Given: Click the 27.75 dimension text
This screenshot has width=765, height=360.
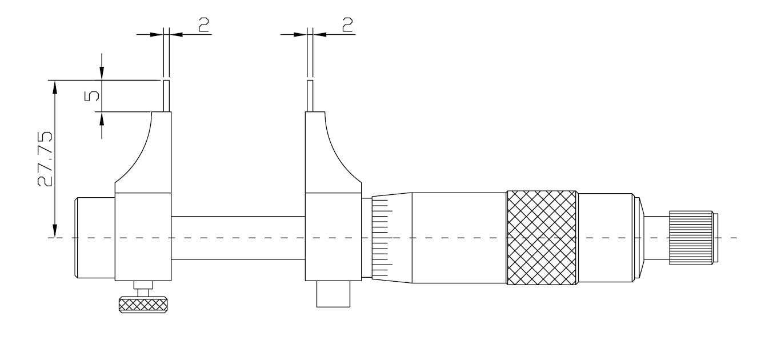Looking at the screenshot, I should pos(45,159).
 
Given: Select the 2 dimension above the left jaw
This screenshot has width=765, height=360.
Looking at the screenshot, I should pos(203,23).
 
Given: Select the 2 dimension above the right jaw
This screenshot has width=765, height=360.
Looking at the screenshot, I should pos(346,23).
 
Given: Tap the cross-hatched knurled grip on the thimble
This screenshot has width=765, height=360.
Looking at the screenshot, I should pos(541,237).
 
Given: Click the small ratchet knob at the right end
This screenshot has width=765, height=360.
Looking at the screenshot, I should pos(691,237).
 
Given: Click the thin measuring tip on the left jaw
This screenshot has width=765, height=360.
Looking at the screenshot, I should pos(167,95).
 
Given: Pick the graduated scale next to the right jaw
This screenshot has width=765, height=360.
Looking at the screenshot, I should pos(382,237).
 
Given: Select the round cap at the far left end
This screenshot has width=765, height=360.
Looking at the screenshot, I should pos(95,237).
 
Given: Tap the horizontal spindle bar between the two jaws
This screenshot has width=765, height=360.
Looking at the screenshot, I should pos(238,237).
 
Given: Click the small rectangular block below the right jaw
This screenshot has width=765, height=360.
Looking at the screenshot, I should pos(333,294).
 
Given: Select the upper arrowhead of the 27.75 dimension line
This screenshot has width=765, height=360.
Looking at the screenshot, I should pos(55,85).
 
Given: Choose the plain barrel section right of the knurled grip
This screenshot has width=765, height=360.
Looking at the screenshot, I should pos(606,237).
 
